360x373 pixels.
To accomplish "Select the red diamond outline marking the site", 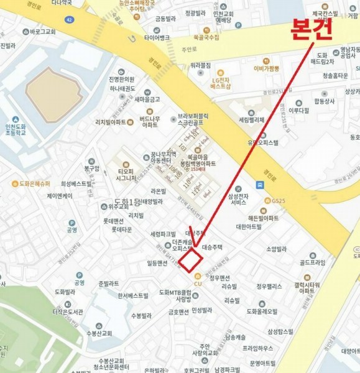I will [x=192, y=259].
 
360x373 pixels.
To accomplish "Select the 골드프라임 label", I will [x=312, y=263].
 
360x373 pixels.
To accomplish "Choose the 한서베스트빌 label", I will [x=132, y=296].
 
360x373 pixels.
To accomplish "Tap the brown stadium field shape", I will [x=53, y=87].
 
